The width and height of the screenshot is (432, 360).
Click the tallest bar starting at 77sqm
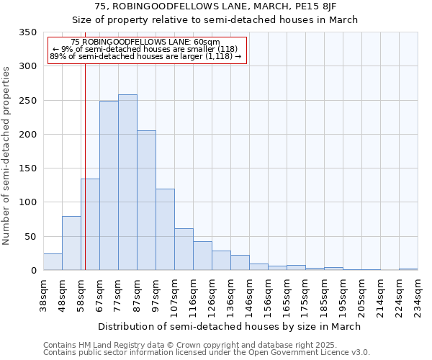[127, 182]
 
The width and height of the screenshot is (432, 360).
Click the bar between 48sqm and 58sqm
[71, 243]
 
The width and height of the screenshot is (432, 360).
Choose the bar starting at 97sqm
[165, 230]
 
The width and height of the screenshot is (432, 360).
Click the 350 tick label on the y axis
[27, 32]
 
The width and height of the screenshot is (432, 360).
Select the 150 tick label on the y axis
[27, 168]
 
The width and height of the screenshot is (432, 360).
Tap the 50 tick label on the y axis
[30, 236]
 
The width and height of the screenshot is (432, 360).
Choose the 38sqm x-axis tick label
[44, 294]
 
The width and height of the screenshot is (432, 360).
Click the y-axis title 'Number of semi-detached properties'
[7, 156]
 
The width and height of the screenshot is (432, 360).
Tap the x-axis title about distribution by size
[229, 326]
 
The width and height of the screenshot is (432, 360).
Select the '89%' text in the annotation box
[58, 55]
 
